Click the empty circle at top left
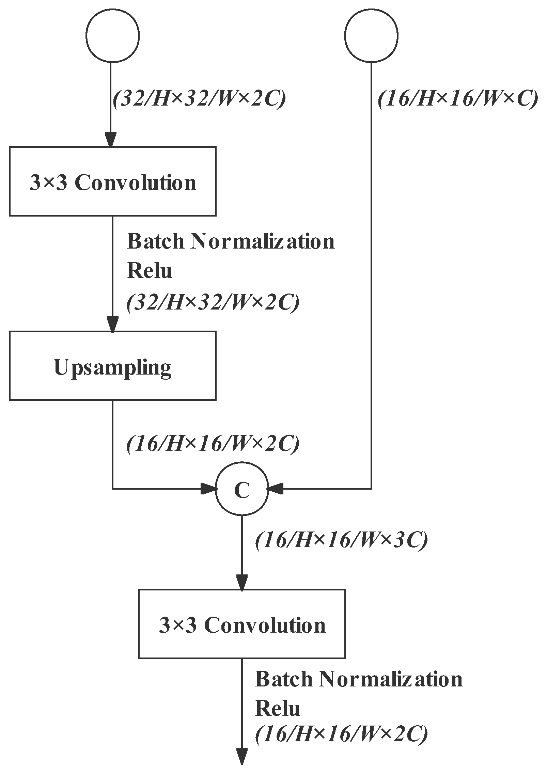pyautogui.click(x=112, y=35)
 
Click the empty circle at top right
pyautogui.click(x=371, y=35)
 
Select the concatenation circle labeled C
pyautogui.click(x=242, y=489)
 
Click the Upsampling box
pyautogui.click(x=112, y=365)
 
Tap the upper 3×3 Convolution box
pyautogui.click(x=112, y=181)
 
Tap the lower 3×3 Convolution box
pyautogui.click(x=242, y=623)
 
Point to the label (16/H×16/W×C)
pyautogui.click(x=457, y=99)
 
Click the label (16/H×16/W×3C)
pyautogui.click(x=341, y=540)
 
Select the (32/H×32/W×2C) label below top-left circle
pyautogui.click(x=199, y=99)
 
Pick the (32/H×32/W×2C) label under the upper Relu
pyautogui.click(x=213, y=302)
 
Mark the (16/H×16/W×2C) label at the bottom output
pyautogui.click(x=341, y=733)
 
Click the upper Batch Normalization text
pyautogui.click(x=231, y=241)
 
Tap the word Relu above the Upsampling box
pyautogui.click(x=149, y=271)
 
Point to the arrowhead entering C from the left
pyautogui.click(x=208, y=489)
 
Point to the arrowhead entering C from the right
pyautogui.click(x=275, y=489)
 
